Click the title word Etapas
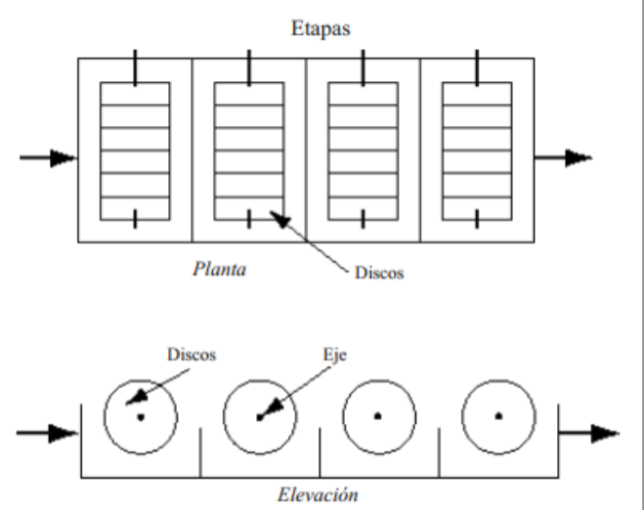click(321, 28)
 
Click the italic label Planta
click(220, 270)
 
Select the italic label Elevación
click(318, 494)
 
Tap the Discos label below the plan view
click(379, 273)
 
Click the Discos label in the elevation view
click(192, 355)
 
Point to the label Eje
click(335, 356)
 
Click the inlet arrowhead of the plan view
click(63, 157)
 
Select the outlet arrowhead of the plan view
click(579, 157)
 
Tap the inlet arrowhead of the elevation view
click(63, 433)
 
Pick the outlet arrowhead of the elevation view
click(605, 433)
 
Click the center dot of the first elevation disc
click(141, 417)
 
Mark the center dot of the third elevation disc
click(378, 416)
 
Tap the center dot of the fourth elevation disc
click(498, 416)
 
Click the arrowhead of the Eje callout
click(272, 408)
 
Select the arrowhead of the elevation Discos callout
click(137, 397)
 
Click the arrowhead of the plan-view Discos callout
click(280, 219)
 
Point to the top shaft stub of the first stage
click(135, 68)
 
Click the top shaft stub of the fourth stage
click(477, 68)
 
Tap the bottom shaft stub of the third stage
click(364, 219)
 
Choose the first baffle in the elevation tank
click(200, 452)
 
